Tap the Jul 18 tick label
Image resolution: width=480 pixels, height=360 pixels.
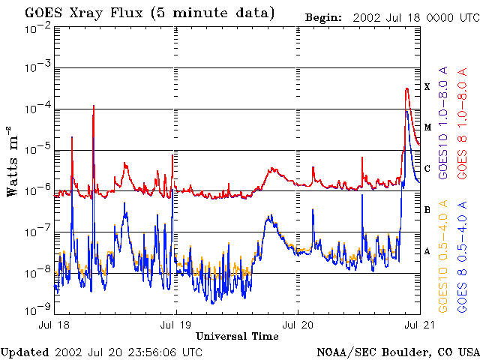[54, 325]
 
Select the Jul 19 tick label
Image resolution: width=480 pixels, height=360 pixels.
[175, 325]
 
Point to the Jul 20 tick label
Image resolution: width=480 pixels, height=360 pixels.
[298, 325]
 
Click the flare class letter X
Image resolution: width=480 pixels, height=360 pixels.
[427, 87]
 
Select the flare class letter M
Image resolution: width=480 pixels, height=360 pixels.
[427, 127]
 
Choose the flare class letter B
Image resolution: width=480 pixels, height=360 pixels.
[427, 210]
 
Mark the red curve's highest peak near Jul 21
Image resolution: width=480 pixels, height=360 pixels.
[406, 88]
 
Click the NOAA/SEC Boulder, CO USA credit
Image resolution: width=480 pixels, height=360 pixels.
[397, 352]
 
